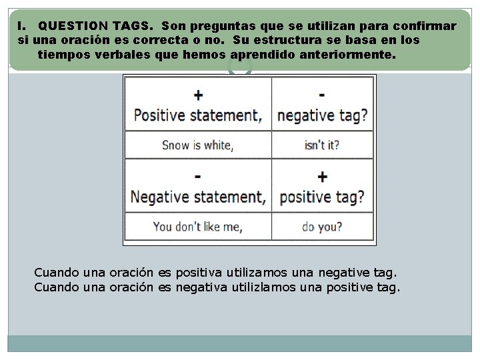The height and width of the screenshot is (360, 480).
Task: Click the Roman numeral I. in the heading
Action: click(22, 26)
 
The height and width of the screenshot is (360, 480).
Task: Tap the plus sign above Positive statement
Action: click(198, 95)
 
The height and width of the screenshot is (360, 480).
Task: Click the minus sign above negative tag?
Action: click(322, 95)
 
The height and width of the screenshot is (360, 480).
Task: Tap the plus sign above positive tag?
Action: click(322, 177)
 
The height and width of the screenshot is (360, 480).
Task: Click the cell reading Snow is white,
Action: click(197, 145)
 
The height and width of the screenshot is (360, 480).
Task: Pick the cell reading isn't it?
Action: click(322, 145)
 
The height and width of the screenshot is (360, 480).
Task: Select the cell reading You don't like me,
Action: click(197, 227)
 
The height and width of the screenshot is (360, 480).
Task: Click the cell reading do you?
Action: click(322, 227)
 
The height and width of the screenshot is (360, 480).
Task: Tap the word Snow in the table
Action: click(176, 145)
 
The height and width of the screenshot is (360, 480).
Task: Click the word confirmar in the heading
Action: click(425, 26)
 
